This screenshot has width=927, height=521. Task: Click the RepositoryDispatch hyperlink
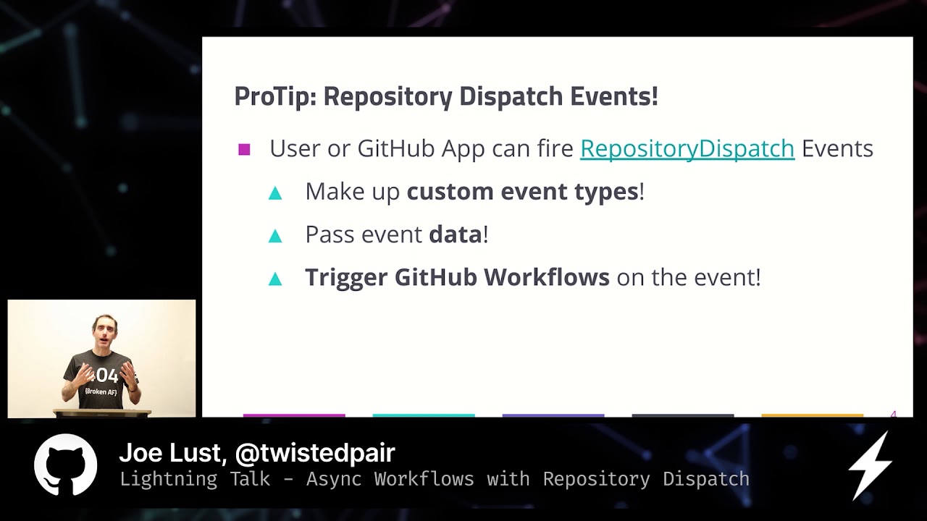click(x=687, y=148)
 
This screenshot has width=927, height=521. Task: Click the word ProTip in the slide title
click(x=274, y=96)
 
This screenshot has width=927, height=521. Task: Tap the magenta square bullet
click(x=244, y=150)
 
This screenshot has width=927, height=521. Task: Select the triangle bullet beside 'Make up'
click(x=275, y=192)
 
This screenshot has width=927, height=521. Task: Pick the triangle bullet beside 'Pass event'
click(x=275, y=236)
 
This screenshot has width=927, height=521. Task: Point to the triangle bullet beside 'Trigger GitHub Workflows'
click(x=275, y=279)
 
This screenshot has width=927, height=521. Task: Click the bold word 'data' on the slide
click(x=455, y=234)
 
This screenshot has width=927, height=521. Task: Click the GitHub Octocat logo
click(x=66, y=465)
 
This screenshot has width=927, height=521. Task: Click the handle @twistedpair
click(x=315, y=453)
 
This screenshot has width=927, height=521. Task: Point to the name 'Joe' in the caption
click(x=141, y=453)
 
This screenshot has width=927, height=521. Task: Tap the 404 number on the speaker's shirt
click(x=105, y=375)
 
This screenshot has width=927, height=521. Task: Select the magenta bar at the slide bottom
click(x=294, y=415)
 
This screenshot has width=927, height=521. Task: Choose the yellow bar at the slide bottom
click(x=812, y=415)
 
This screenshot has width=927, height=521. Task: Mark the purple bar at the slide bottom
click(x=553, y=415)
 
